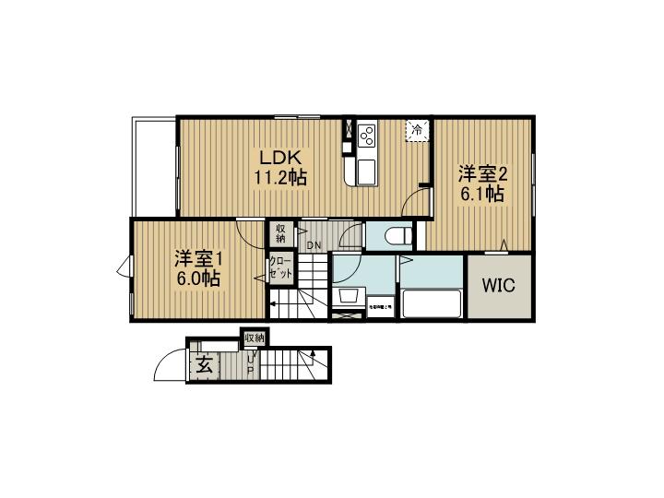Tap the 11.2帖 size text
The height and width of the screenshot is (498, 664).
(279, 176)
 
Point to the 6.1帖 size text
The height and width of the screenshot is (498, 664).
(481, 194)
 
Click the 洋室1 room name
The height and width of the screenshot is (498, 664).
(197, 257)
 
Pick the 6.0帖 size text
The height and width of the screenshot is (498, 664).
(197, 278)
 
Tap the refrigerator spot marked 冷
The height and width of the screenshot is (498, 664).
(418, 132)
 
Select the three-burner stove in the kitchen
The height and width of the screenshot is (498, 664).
(366, 136)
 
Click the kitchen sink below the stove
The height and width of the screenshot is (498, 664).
(366, 171)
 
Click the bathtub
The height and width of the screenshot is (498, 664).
(431, 302)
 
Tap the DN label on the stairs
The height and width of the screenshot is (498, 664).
(314, 245)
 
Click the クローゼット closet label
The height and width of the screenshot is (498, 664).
(280, 269)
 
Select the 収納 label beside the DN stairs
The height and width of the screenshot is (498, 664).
(280, 233)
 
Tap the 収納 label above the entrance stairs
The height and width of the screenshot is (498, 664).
(255, 338)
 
